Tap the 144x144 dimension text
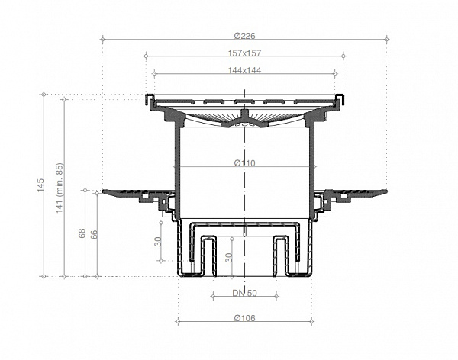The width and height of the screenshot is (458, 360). tap(244, 69)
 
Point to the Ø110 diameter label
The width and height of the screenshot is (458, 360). tap(244, 163)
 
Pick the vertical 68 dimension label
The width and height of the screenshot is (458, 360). tap(82, 233)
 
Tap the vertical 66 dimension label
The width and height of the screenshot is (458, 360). tap(94, 233)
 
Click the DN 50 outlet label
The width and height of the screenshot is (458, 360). tap(244, 293)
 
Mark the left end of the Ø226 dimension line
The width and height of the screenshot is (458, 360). tap(102, 37)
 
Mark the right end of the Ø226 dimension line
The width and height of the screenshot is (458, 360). tap(387, 37)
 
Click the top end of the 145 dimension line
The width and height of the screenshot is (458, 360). tap(44, 95)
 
